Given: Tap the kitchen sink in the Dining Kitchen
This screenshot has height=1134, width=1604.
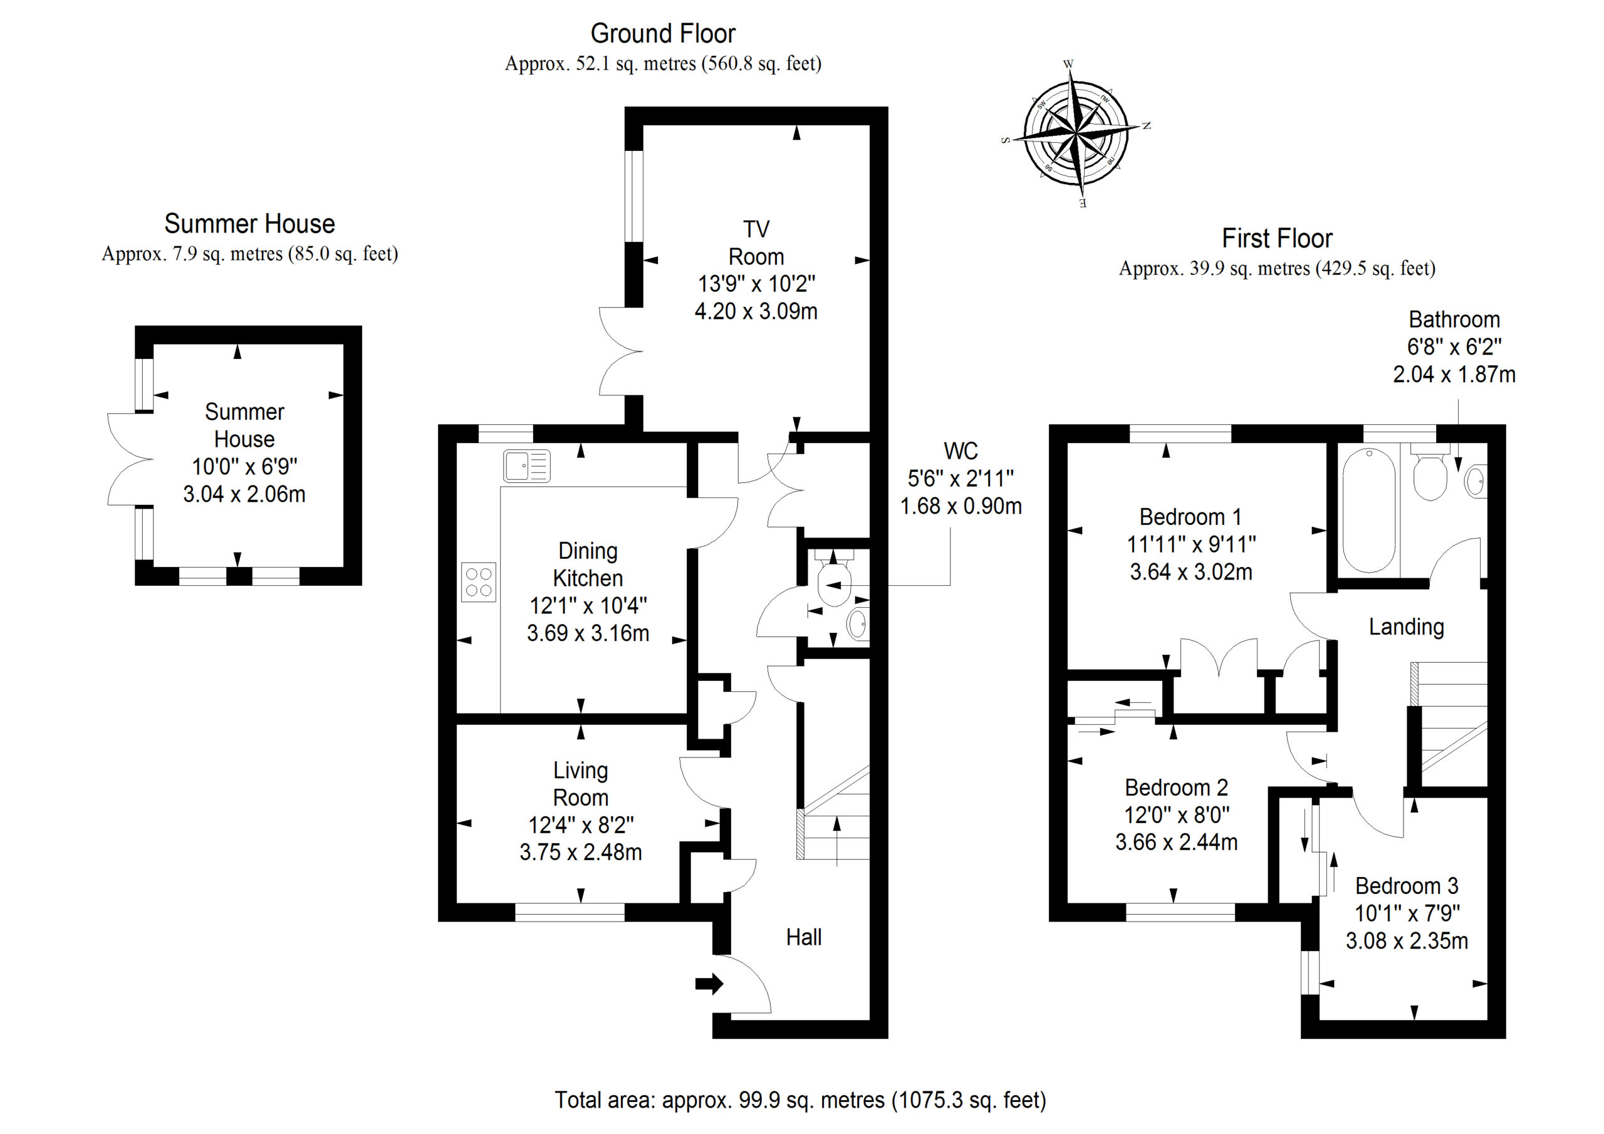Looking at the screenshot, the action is coord(526,466).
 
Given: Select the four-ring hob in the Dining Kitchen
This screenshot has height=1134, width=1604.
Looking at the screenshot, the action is coord(479,582).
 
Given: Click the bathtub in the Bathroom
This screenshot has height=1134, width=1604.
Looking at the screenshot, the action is coord(1369,510).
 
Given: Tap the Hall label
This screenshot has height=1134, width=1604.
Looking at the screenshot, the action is coord(803,937).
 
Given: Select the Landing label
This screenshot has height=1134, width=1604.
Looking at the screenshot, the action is coord(1406,627).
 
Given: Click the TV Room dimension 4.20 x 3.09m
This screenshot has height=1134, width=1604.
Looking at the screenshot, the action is coord(756,311).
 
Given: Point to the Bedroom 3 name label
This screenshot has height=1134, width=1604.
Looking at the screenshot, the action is coord(1407,886).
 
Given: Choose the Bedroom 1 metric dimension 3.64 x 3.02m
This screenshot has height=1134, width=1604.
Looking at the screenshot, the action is coord(1191,571).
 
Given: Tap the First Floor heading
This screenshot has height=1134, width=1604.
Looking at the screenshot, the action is coord(1277,238).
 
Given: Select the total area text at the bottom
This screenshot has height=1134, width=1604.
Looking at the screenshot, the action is coord(801,1100).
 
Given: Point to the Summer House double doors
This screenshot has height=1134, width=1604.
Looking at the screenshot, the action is coord(130,459).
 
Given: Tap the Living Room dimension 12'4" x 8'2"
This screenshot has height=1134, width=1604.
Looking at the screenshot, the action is coord(581,825).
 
